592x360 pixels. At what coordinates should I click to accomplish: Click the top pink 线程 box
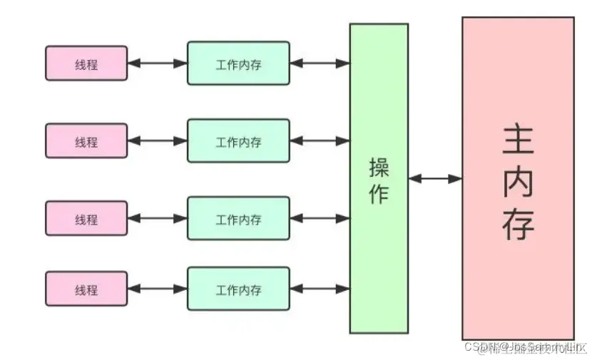[x=86, y=63]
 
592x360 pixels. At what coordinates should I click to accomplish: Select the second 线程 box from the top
[x=86, y=141]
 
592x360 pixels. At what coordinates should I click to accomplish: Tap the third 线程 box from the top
[x=86, y=218]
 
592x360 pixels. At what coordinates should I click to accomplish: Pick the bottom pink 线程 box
[x=86, y=289]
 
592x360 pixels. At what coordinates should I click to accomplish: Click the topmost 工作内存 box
[x=238, y=63]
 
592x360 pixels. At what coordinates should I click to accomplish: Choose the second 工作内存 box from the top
[x=238, y=141]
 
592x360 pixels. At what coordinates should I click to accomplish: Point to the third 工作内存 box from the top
[x=238, y=218]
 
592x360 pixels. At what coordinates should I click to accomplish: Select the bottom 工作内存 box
[x=238, y=289]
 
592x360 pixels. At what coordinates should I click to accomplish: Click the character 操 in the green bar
[x=379, y=168]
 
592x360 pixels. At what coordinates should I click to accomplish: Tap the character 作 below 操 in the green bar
[x=379, y=194]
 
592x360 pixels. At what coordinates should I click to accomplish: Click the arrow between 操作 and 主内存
[x=435, y=179]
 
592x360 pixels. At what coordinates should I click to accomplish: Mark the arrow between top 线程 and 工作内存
[x=158, y=63]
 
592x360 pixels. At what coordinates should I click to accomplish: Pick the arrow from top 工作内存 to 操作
[x=320, y=63]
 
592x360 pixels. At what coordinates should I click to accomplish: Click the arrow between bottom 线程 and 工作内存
[x=158, y=289]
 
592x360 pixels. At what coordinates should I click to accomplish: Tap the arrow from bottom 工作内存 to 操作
[x=320, y=289]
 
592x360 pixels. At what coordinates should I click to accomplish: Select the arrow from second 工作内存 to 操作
[x=320, y=141]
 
